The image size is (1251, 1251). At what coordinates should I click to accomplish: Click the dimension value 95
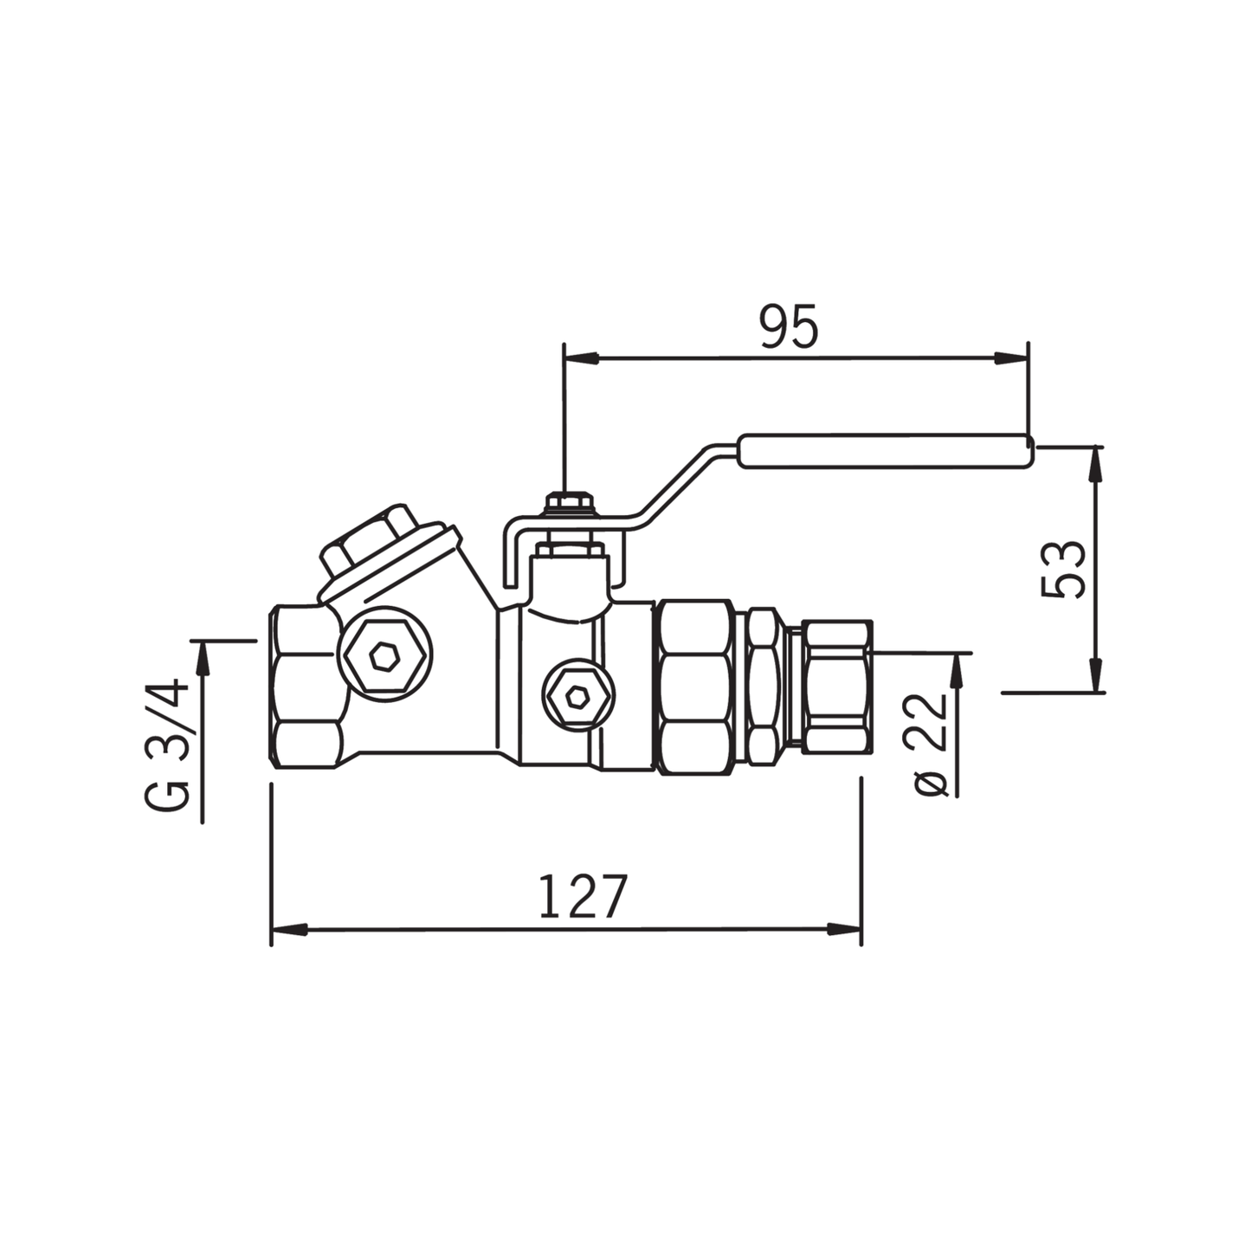788,327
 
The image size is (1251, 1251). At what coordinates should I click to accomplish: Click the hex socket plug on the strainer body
384,658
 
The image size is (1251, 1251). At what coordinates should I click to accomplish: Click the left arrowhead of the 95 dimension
580,358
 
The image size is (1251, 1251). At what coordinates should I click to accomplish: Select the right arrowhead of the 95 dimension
1011,358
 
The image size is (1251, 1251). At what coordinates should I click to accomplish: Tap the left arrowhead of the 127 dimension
289,930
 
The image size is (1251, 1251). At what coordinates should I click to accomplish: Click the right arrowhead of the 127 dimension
844,930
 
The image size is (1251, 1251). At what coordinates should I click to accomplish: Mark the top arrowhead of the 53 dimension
1097,463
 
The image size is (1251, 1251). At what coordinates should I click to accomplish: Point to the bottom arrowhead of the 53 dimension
1097,675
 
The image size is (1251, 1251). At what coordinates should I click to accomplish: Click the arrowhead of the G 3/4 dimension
203,657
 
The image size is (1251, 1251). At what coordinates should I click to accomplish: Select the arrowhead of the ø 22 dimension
958,669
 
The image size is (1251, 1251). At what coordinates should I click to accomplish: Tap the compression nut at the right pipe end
836,686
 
